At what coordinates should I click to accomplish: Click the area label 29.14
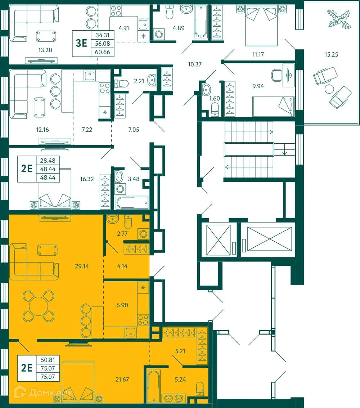tap(82, 266)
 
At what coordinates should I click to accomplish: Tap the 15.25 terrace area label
tap(331, 55)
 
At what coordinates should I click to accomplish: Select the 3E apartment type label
tap(81, 44)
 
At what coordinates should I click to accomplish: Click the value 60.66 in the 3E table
tap(103, 52)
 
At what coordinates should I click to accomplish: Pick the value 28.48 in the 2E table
tap(48, 161)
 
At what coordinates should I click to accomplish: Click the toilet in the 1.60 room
tap(215, 109)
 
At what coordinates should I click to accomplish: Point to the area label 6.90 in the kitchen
tap(122, 305)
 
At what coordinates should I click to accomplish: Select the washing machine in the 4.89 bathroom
tap(158, 35)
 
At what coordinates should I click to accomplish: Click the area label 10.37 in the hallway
tap(195, 65)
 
